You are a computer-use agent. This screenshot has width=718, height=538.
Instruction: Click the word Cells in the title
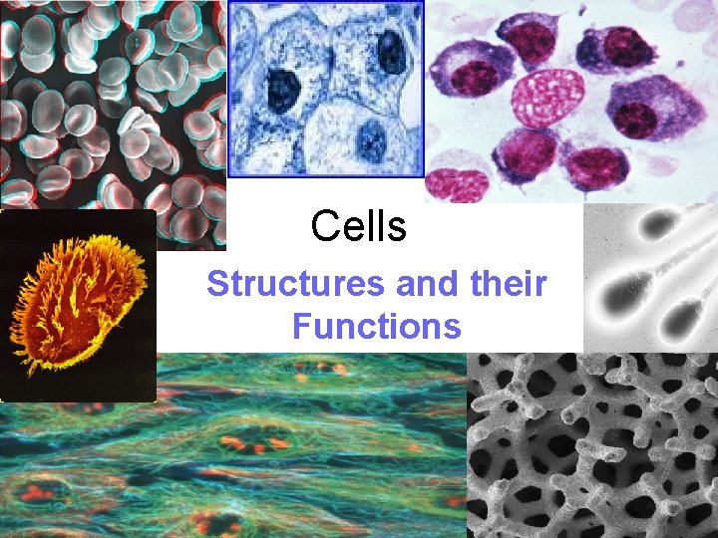pyautogui.click(x=358, y=226)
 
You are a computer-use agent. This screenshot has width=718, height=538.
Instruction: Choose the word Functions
pyautogui.click(x=376, y=326)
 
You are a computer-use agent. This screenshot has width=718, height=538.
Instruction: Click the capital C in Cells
pyautogui.click(x=322, y=226)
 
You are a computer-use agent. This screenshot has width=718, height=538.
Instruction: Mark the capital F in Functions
pyautogui.click(x=300, y=326)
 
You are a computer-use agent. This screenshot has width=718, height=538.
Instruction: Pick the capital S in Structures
pyautogui.click(x=217, y=285)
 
